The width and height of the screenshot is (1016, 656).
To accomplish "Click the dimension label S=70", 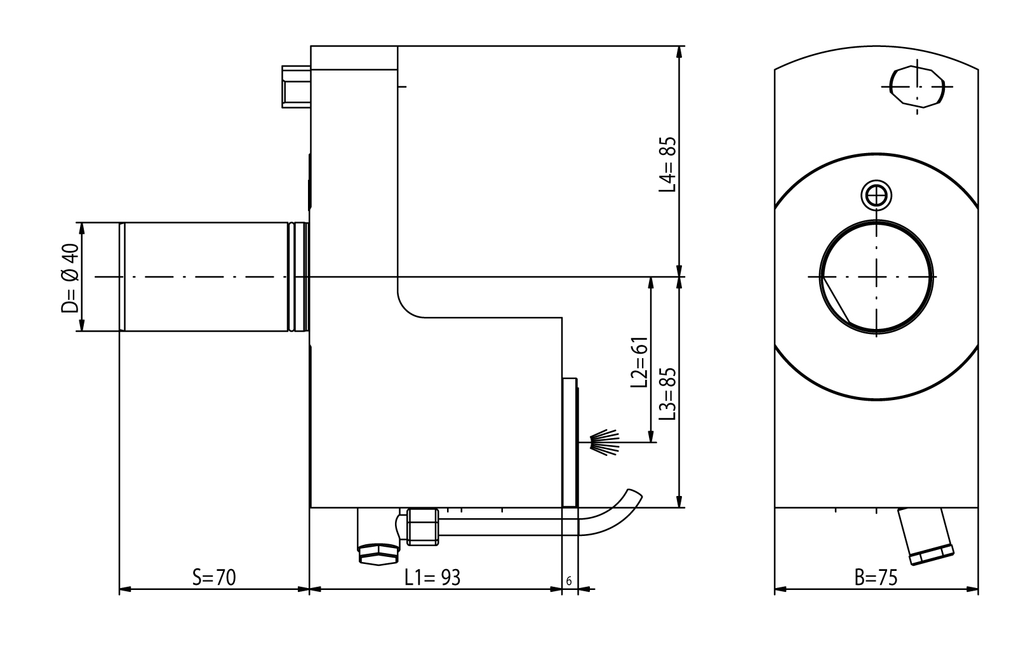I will pyautogui.click(x=214, y=577).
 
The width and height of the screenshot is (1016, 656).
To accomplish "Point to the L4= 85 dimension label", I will pyautogui.click(x=667, y=165).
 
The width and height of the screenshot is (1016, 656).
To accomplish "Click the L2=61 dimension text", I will pyautogui.click(x=638, y=362).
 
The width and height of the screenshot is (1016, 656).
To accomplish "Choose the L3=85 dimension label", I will pyautogui.click(x=667, y=394).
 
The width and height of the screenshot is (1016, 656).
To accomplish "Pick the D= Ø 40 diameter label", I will pyautogui.click(x=70, y=279).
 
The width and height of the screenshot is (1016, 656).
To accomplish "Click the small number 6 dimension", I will pyautogui.click(x=569, y=581).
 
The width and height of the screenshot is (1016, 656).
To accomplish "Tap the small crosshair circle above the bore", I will pyautogui.click(x=877, y=194).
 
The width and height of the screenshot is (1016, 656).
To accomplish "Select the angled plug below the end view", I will pyautogui.click(x=928, y=537).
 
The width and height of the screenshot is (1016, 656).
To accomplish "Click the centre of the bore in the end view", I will pyautogui.click(x=877, y=276).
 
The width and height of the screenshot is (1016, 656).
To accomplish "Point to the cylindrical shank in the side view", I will pyautogui.click(x=203, y=276).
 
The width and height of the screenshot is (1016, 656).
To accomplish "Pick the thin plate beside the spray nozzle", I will pyautogui.click(x=571, y=443).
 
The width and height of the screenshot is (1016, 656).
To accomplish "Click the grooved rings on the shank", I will pyautogui.click(x=295, y=276).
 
